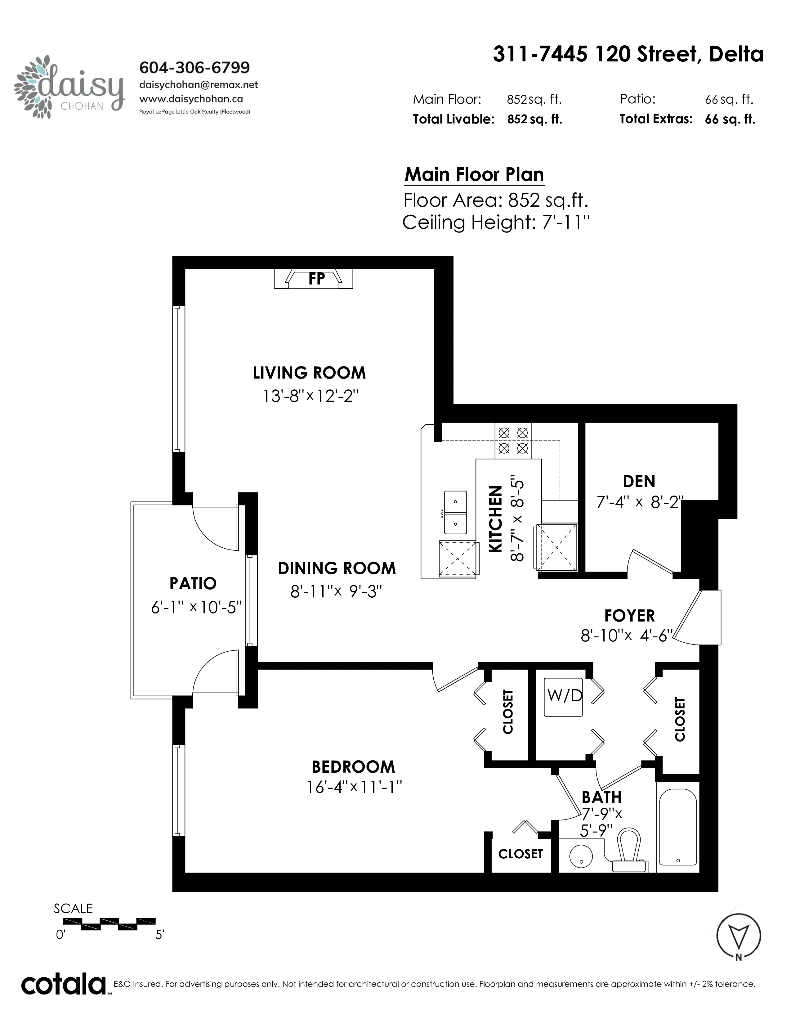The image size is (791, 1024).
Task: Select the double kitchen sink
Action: coord(455,513)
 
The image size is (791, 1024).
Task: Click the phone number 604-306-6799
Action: coord(195,68)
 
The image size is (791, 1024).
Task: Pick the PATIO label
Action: coord(193,583)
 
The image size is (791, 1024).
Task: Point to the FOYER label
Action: coord(629,616)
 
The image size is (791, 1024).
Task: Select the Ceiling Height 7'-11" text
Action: coord(495,222)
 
